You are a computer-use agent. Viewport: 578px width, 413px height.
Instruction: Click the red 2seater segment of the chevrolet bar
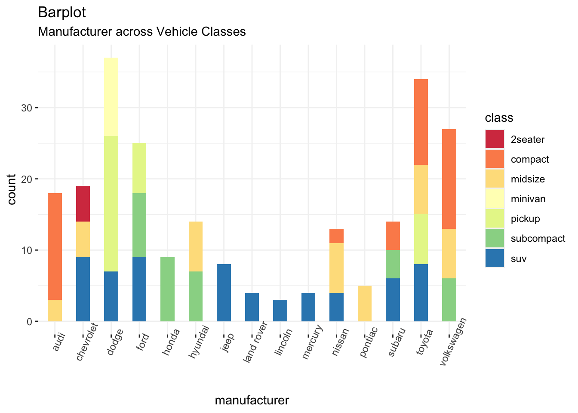(83, 203)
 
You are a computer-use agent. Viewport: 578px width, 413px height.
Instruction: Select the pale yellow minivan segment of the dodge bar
(111, 97)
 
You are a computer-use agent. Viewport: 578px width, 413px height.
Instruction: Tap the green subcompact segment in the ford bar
(139, 225)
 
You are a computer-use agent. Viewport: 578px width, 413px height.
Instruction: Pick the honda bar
(167, 289)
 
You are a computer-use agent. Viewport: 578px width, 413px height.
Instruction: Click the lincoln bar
(280, 311)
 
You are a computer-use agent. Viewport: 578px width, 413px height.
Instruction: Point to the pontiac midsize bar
(365, 303)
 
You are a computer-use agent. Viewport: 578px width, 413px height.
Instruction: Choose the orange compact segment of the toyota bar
(421, 122)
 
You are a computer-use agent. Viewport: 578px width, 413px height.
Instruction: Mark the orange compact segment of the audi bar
(55, 247)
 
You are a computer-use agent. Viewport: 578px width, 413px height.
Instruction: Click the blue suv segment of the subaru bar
(393, 300)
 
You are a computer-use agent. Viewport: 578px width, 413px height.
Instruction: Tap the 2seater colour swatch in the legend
(495, 139)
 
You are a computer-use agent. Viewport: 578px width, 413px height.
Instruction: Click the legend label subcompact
(538, 239)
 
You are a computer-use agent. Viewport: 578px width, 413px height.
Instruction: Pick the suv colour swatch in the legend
(495, 259)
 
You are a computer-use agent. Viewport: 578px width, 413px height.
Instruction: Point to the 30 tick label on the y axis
(26, 108)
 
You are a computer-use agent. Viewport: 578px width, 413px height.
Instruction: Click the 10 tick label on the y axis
(26, 250)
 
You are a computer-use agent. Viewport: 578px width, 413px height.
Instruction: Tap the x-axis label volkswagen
(453, 342)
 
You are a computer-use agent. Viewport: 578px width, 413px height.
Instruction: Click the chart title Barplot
(62, 12)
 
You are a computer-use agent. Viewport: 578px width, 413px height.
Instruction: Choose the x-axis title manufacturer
(252, 401)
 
